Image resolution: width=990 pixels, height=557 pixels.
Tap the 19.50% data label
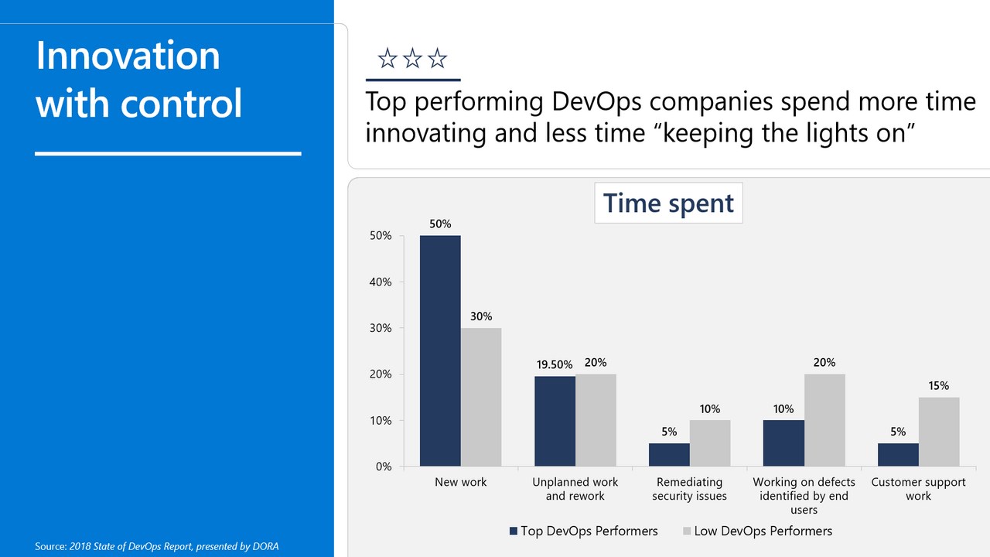554,364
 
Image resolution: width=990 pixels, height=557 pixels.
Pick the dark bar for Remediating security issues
669,455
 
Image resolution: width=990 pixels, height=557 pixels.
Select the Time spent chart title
668,203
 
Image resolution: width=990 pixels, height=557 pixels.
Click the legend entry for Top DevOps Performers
583,531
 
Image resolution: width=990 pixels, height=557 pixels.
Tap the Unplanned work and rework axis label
575,489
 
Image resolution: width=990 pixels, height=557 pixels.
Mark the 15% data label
939,385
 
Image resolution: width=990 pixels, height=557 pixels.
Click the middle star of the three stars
412,58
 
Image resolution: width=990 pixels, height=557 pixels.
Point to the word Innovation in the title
128,56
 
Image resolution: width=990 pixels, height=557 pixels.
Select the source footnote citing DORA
157,547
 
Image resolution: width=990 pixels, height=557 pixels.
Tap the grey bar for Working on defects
824,420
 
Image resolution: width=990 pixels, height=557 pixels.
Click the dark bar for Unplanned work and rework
555,421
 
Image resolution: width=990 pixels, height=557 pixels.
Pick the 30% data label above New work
480,316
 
